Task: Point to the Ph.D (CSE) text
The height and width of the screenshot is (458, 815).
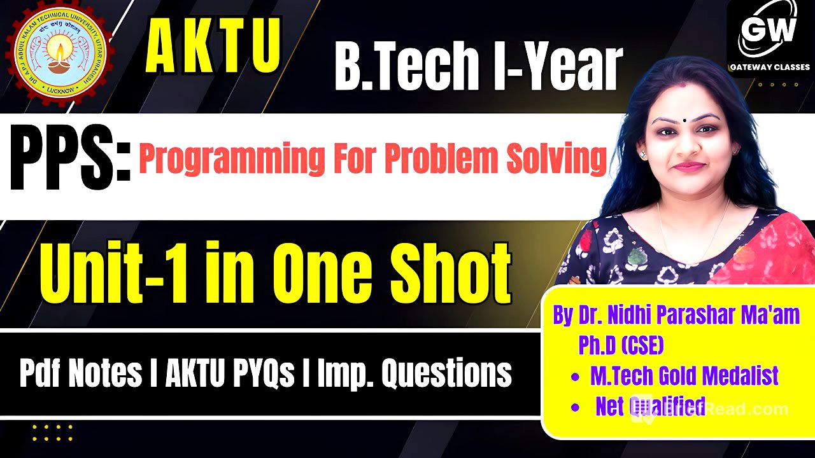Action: [x=621, y=345]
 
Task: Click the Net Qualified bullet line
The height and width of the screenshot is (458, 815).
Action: [x=649, y=406]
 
